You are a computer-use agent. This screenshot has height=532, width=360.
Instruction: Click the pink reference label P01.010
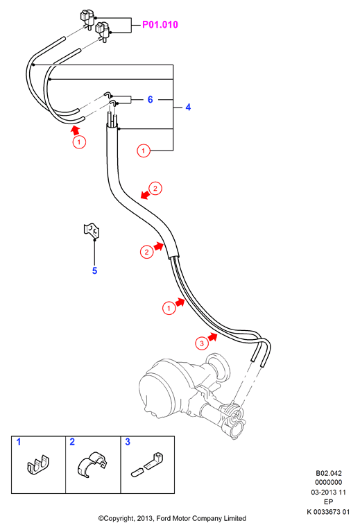click(x=160, y=24)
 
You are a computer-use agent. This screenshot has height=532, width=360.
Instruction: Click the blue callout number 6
click(x=151, y=99)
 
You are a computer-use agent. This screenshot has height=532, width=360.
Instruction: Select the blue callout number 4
click(x=188, y=108)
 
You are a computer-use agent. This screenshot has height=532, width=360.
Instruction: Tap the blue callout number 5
click(x=94, y=271)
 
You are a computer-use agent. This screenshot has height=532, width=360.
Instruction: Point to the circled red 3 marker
click(x=202, y=343)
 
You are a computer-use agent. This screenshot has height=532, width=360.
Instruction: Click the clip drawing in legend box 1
click(x=38, y=464)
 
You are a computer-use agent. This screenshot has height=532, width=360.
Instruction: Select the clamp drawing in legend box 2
click(x=92, y=464)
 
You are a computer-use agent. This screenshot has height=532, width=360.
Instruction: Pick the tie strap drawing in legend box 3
click(x=146, y=464)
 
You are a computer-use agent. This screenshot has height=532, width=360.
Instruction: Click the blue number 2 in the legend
click(x=72, y=442)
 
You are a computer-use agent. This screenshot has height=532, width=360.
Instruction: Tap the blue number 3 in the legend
click(x=128, y=442)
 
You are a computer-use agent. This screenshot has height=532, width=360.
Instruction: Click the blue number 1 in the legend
click(x=19, y=442)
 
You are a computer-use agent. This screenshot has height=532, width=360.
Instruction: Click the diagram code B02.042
click(x=329, y=473)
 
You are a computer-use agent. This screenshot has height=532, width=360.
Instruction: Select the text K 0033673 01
click(x=328, y=512)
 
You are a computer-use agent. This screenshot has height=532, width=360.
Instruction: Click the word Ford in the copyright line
click(x=164, y=518)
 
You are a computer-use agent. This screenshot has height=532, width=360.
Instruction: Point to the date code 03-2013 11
click(x=329, y=492)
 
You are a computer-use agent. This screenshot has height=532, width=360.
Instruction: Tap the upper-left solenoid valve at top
click(x=88, y=19)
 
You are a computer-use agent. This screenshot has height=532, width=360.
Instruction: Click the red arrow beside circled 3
click(x=213, y=337)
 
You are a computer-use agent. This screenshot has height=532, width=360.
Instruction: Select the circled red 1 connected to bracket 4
click(x=143, y=151)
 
